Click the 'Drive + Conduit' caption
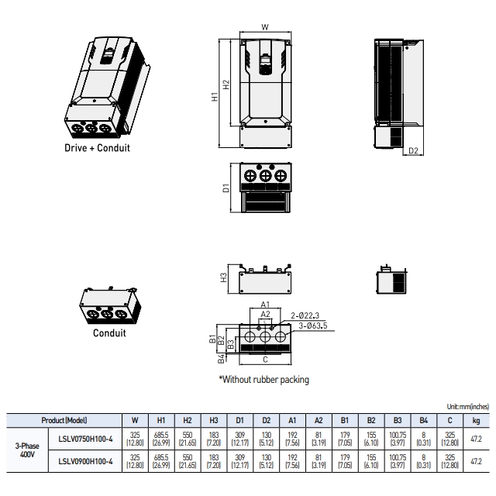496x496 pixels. point(97,148)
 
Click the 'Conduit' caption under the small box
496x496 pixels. point(109,333)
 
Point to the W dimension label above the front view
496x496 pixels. point(265,27)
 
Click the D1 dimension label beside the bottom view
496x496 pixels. point(226,188)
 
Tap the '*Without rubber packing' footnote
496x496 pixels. point(264,380)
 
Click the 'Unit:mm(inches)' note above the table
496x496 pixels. point(468,406)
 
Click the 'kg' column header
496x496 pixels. point(476,420)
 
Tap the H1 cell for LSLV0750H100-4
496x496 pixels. point(161,439)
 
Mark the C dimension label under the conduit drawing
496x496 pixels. point(265,360)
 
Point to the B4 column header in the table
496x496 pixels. point(424,420)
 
